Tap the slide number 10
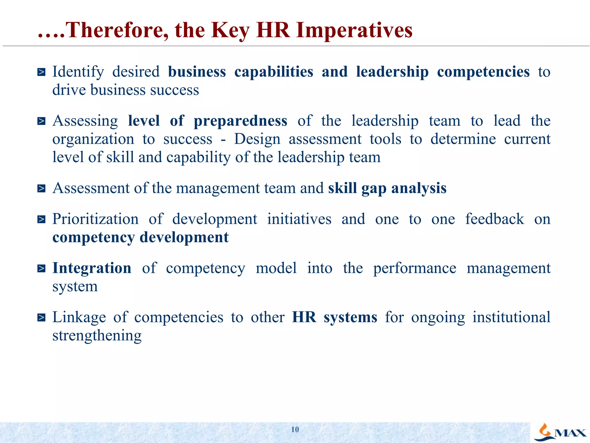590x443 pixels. click(x=295, y=429)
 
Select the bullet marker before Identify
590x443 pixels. click(x=41, y=72)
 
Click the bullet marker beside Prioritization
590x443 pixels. click(x=41, y=219)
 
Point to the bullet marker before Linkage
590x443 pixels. click(x=41, y=318)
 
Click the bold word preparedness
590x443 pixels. click(x=240, y=121)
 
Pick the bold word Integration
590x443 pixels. click(x=92, y=268)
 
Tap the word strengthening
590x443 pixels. click(x=97, y=335)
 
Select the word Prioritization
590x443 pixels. click(x=95, y=219)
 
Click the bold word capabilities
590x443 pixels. click(x=274, y=72)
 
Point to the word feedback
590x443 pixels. click(x=495, y=219)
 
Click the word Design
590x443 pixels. click(x=257, y=139)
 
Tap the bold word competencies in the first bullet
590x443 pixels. click(x=483, y=72)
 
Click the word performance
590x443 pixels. click(x=415, y=269)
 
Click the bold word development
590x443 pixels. click(x=184, y=237)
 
